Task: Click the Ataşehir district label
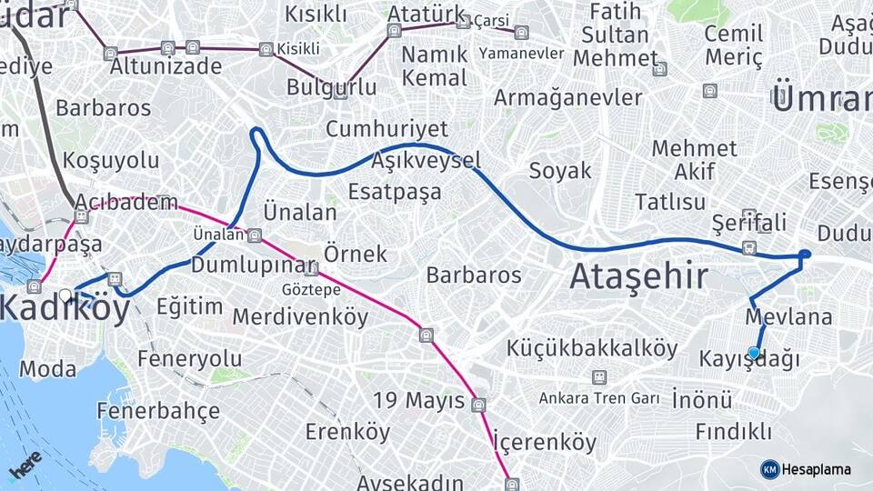point(638,276)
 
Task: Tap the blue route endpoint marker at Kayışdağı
point(754,353)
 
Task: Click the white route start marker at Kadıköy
point(65,295)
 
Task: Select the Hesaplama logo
point(806,469)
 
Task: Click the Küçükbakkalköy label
point(592,348)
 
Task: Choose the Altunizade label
point(166,66)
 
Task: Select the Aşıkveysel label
point(426,161)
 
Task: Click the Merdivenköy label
point(300,317)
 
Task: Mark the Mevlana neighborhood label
point(788,317)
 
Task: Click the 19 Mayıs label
point(419,400)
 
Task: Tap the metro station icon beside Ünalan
point(255,235)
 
